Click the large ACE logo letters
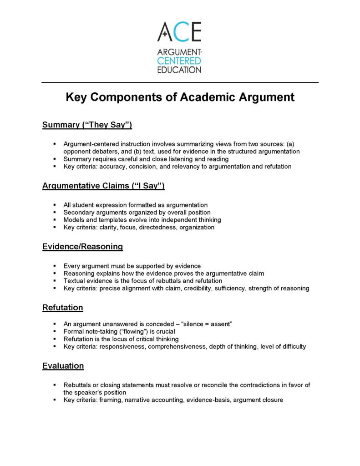click(179, 32)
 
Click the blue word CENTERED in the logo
click(179, 61)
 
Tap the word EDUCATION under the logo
click(179, 70)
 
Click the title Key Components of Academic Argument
click(180, 97)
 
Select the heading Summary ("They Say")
click(87, 125)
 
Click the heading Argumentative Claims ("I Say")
click(103, 186)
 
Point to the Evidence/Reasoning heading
click(82, 247)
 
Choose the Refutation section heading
click(62, 308)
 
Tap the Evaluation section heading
click(63, 366)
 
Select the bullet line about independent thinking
click(142, 220)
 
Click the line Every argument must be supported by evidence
click(132, 266)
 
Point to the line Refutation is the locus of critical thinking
click(121, 339)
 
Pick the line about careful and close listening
click(146, 159)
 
